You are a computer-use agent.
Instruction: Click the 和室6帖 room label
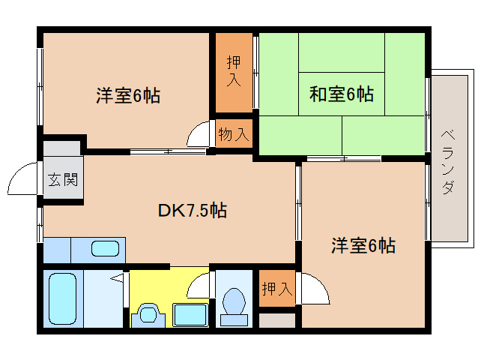click(x=342, y=94)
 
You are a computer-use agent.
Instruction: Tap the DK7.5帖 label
click(x=193, y=210)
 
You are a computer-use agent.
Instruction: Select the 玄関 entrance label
click(x=63, y=179)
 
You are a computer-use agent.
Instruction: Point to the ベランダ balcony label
click(x=449, y=162)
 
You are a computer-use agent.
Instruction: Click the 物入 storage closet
click(x=234, y=133)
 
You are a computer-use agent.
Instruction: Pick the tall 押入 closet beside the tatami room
click(x=234, y=73)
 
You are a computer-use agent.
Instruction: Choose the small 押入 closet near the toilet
click(x=277, y=288)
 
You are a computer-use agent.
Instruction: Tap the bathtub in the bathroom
click(x=62, y=298)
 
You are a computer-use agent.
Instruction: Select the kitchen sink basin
click(x=105, y=249)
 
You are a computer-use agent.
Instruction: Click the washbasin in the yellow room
click(x=148, y=314)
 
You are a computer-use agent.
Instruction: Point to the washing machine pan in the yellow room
click(x=190, y=314)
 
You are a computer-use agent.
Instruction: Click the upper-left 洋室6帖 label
click(x=128, y=95)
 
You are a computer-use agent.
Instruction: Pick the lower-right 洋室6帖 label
click(x=363, y=245)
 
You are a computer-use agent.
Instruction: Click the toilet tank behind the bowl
click(x=234, y=320)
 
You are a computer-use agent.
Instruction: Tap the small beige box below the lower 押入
click(x=277, y=320)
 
